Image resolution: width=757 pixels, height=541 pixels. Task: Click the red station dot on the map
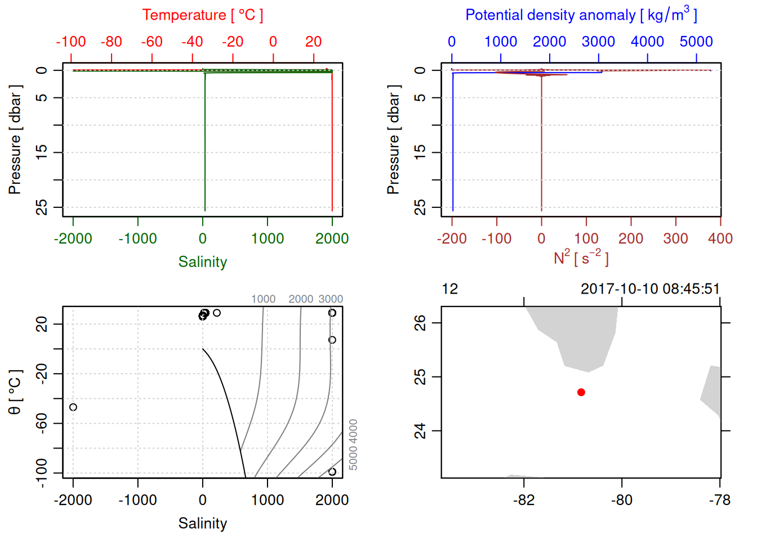coord(581,392)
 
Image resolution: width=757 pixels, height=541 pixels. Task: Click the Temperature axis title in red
coord(202,15)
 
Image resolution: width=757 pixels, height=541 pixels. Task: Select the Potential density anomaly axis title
coord(581,15)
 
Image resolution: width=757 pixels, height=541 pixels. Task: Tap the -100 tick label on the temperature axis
coord(71,42)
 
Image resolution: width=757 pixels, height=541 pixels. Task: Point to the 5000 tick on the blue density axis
coord(696,42)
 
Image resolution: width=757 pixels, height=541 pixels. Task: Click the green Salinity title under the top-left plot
coord(202,262)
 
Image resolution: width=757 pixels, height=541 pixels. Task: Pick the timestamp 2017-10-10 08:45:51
coord(650,289)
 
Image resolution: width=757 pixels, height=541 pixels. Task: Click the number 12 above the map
coord(450,289)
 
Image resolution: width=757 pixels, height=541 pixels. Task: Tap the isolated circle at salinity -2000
coord(73,407)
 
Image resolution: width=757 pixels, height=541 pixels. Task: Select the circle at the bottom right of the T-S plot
coord(332,472)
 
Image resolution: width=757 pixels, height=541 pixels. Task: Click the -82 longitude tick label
coord(524,500)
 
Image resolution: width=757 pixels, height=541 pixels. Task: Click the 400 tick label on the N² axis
coord(720,239)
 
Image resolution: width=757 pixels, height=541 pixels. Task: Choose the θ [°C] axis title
coord(15,392)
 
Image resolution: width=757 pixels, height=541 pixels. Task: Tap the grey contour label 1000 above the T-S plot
coord(263,299)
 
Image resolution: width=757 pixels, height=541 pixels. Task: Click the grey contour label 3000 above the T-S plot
coord(331,299)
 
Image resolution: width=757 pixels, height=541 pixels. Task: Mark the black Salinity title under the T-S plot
coord(202,524)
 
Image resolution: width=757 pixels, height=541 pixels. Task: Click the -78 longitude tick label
coord(720,500)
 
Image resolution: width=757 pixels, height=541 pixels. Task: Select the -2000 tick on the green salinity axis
coord(73,239)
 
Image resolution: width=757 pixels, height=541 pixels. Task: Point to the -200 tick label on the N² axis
coord(452,239)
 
